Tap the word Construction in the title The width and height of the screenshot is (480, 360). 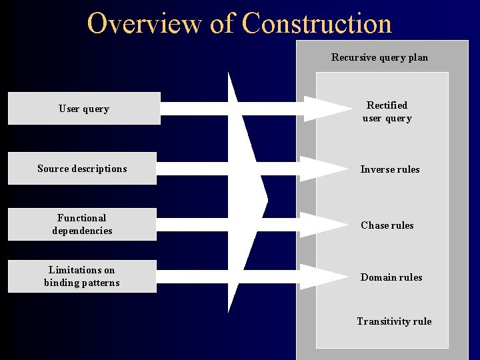click(x=317, y=23)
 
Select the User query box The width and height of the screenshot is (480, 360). click(x=84, y=109)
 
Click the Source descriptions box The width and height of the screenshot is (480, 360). click(x=82, y=169)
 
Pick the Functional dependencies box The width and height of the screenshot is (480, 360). click(x=82, y=224)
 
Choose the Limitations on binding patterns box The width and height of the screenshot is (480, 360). click(x=82, y=276)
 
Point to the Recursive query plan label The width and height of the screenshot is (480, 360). click(x=380, y=57)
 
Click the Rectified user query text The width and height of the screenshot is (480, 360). click(x=387, y=112)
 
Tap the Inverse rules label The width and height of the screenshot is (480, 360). click(x=390, y=169)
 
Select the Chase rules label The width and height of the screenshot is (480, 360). click(x=387, y=225)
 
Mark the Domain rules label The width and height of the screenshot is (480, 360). click(x=391, y=277)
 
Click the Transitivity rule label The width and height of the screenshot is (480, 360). click(x=394, y=321)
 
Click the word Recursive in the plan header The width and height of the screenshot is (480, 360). click(x=354, y=57)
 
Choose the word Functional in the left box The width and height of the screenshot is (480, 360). click(x=81, y=218)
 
